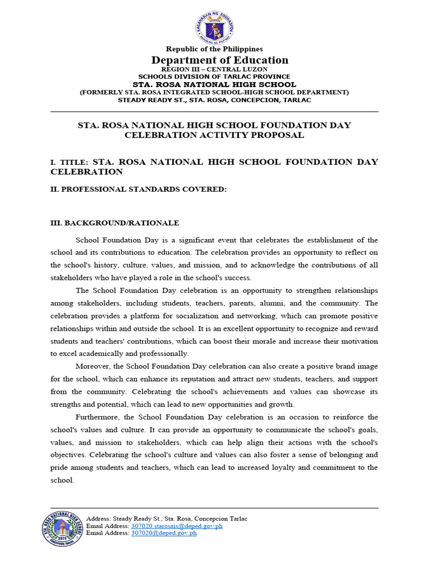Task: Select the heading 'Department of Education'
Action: point(220,60)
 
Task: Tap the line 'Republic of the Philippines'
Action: point(214,49)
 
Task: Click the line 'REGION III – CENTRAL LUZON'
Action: point(214,69)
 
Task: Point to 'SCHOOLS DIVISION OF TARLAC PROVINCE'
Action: point(214,77)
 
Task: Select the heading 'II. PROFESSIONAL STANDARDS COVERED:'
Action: point(139,189)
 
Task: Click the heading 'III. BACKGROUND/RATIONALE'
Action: point(115,223)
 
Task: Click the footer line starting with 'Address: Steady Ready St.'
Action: point(166,519)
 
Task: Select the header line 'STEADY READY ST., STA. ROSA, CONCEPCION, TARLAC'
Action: point(214,100)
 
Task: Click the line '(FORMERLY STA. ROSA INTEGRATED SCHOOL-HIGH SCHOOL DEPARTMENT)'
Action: point(214,92)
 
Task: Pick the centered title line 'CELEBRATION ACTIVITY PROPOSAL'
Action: point(214,135)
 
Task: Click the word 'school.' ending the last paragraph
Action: point(62,480)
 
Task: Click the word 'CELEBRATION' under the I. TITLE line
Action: point(87,172)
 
